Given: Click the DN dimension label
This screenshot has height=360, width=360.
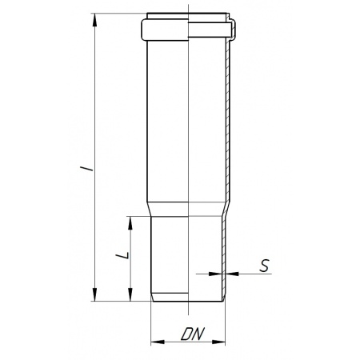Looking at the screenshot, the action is click(193, 334).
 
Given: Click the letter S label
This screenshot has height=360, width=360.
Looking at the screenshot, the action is click(265, 266).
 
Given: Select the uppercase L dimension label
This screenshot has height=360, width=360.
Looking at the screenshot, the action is click(123, 255).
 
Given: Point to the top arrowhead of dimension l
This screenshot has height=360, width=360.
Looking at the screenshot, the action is click(94, 20).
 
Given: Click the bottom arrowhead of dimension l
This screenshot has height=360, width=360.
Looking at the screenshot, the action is click(94, 294).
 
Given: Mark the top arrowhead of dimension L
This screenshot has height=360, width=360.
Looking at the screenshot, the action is click(130, 223).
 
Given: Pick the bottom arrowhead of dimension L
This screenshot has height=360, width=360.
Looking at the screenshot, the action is click(130, 294).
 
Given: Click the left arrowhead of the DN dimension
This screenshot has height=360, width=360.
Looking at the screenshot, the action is click(158, 342).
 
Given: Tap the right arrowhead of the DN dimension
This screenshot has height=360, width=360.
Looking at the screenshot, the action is click(218, 342).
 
